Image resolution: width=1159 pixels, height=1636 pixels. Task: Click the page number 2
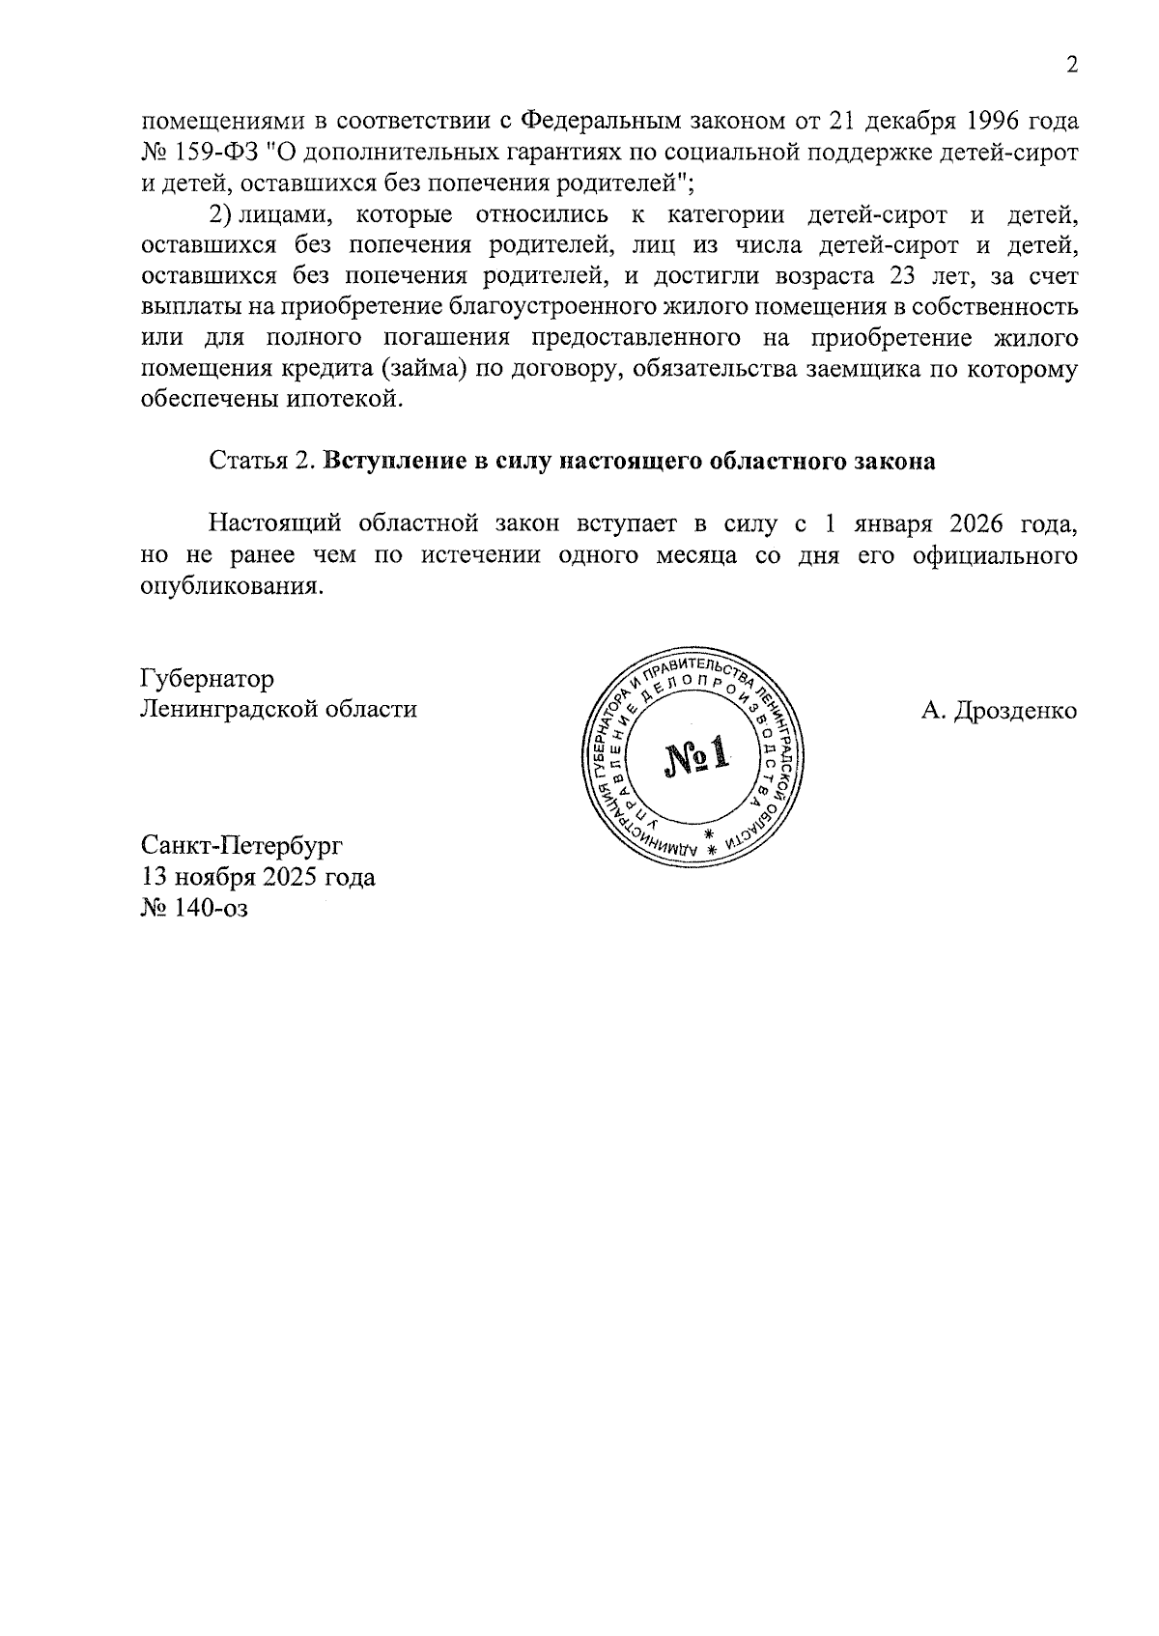(1070, 66)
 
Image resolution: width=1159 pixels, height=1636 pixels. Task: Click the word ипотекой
(343, 399)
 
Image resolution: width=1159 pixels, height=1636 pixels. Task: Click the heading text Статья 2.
(262, 462)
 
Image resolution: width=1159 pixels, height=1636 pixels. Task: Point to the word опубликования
(229, 586)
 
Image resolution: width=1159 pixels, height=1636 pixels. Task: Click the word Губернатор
(207, 679)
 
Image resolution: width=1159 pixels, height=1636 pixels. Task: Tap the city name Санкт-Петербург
(241, 846)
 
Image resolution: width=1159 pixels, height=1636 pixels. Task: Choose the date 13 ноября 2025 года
(258, 877)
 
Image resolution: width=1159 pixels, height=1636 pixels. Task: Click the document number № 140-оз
(194, 908)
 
